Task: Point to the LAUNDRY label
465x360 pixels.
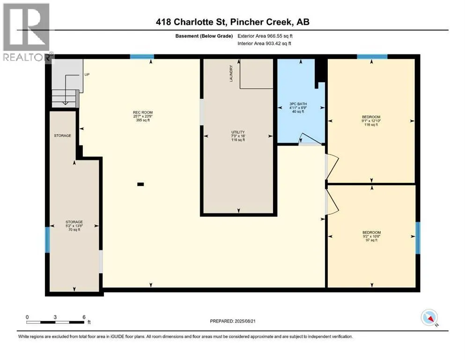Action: [231, 74]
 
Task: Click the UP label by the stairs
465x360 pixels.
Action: [87, 75]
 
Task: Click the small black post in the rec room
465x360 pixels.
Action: [140, 184]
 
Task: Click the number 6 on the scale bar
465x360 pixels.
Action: [84, 317]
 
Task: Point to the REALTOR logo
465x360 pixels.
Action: [27, 32]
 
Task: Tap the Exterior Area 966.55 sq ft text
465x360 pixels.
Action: [265, 36]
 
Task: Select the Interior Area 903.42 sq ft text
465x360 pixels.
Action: [264, 43]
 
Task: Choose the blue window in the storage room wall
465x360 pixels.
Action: [47, 240]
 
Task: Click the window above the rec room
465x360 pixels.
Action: [142, 57]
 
